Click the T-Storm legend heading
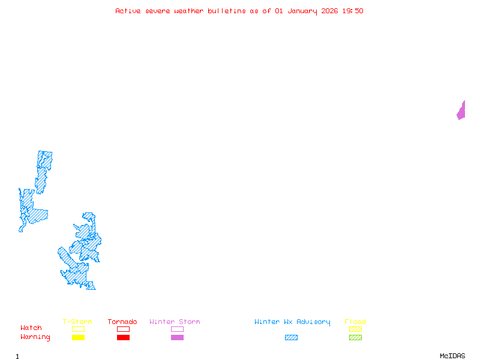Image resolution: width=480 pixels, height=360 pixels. (x=77, y=322)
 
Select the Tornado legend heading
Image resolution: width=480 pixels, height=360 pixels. (x=122, y=322)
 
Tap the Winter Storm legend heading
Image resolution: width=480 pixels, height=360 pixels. (x=175, y=322)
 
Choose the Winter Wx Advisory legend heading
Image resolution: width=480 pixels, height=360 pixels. (x=292, y=322)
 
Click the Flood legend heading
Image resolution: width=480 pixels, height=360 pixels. (x=355, y=322)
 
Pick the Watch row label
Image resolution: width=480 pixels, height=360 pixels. (x=31, y=328)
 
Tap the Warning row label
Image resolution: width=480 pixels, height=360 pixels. (x=35, y=337)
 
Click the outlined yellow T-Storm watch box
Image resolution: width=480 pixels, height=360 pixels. (x=78, y=329)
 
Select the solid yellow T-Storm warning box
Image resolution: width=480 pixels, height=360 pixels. (x=78, y=337)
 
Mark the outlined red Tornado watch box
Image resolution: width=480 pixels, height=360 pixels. (x=123, y=329)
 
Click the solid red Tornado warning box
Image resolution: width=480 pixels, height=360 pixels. (x=123, y=337)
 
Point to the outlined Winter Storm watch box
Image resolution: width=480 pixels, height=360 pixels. (x=177, y=329)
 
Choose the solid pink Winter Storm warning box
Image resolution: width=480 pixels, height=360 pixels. (x=177, y=337)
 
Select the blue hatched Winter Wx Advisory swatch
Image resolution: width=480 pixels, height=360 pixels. (x=291, y=337)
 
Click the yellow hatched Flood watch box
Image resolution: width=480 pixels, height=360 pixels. (x=355, y=329)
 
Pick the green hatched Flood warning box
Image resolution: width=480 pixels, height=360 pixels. (x=355, y=337)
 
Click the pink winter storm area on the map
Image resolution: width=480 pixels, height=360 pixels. (x=461, y=111)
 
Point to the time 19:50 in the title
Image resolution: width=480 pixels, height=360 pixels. (x=353, y=11)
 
